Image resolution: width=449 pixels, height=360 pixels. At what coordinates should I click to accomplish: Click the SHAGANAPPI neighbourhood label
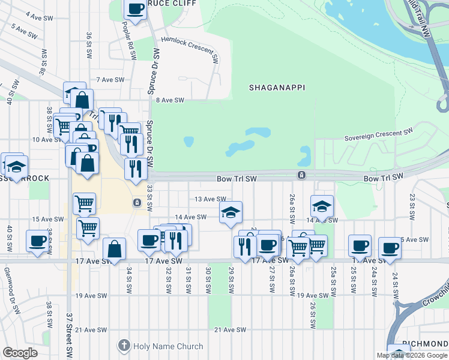[277, 88]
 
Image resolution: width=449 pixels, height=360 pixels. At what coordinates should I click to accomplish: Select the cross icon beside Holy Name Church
[124, 346]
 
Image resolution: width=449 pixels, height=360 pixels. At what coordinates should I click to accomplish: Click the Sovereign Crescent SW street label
[379, 134]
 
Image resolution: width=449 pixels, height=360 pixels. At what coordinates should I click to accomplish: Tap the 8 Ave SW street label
[170, 100]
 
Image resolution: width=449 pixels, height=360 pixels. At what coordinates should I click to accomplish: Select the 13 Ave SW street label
[209, 199]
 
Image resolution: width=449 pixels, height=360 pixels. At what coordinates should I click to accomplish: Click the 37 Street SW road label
[70, 335]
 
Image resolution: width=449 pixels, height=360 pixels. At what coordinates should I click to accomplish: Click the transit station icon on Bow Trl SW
[301, 175]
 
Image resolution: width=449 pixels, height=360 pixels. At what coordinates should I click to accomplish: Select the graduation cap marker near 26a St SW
[322, 206]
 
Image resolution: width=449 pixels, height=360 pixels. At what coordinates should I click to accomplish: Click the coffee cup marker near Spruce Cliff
[135, 9]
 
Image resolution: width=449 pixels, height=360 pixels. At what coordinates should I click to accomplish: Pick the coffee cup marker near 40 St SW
[37, 241]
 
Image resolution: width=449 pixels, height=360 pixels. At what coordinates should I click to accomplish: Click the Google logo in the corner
[20, 353]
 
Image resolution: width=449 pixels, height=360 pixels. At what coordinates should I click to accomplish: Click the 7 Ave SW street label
[110, 80]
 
